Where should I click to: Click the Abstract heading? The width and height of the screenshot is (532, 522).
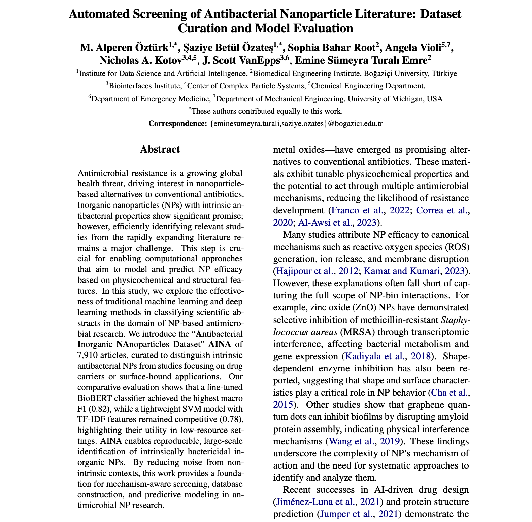tap(160, 149)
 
